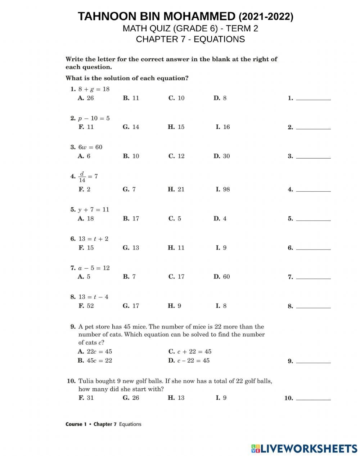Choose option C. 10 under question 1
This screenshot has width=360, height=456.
point(176,98)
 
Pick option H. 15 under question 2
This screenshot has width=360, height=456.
point(176,127)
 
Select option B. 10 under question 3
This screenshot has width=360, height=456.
point(131,156)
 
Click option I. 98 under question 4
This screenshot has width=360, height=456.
point(222,189)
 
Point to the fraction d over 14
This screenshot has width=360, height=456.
point(82,176)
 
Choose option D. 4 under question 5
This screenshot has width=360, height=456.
point(220,218)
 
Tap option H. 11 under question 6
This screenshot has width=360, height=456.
point(176,247)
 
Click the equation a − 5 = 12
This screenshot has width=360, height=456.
point(94,268)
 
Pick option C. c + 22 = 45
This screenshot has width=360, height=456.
point(190,352)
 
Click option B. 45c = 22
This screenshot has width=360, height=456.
point(95,361)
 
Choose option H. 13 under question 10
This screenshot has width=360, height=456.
point(176,398)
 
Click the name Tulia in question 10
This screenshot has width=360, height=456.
point(86,381)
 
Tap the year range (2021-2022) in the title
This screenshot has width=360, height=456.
point(266,17)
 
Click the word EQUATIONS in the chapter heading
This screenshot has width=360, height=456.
point(219,39)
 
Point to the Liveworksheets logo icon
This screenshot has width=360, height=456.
point(256,448)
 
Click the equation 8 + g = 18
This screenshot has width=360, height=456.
point(94,89)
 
